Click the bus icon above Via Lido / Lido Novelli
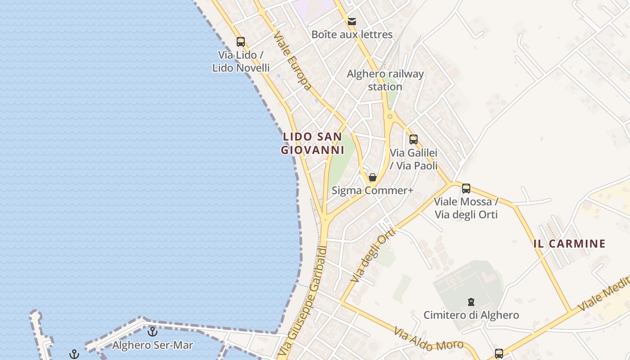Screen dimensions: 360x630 pyautogui.click(x=241, y=42)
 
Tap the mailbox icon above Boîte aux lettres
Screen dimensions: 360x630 pyautogui.click(x=352, y=21)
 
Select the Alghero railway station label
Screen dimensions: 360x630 pyautogui.click(x=385, y=80)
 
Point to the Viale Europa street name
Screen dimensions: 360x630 pyautogui.click(x=292, y=60)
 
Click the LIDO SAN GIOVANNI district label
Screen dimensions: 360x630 pyautogui.click(x=313, y=143)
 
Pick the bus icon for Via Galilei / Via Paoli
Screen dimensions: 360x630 pyautogui.click(x=414, y=139)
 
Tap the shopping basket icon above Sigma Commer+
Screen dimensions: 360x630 pyautogui.click(x=373, y=177)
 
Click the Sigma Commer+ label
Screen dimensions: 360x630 pyautogui.click(x=372, y=190)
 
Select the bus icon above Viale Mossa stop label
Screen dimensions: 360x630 pyautogui.click(x=466, y=189)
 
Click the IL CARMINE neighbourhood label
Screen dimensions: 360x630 pyautogui.click(x=569, y=244)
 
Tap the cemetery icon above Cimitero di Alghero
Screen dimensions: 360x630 pyautogui.click(x=471, y=301)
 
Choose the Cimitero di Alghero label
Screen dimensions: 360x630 pyautogui.click(x=471, y=315)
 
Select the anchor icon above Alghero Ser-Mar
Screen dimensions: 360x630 pyautogui.click(x=153, y=332)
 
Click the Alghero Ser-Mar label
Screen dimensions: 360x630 pyautogui.click(x=153, y=346)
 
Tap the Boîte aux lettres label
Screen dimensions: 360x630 pyautogui.click(x=352, y=35)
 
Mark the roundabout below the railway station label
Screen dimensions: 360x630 pyautogui.click(x=390, y=117)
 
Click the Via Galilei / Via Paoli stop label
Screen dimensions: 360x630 pyautogui.click(x=414, y=159)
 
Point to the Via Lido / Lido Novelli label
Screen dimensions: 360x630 pyautogui.click(x=241, y=61)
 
